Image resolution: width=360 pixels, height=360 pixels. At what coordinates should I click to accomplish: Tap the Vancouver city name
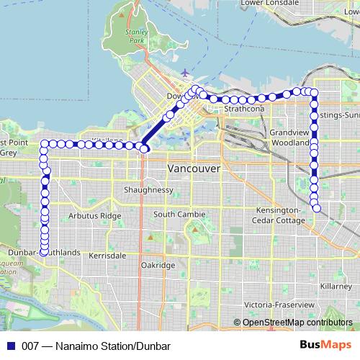click(x=194, y=168)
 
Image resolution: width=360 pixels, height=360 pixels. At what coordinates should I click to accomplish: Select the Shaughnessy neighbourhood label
click(x=149, y=190)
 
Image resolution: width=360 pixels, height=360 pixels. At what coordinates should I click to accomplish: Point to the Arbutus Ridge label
click(x=95, y=215)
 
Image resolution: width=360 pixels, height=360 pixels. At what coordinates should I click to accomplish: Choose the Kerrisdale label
click(x=107, y=256)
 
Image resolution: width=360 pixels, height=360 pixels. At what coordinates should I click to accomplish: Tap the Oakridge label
click(x=158, y=265)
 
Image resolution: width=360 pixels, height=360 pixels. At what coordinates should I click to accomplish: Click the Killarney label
click(x=336, y=286)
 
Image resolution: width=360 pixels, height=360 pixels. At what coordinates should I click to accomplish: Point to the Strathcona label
click(x=244, y=109)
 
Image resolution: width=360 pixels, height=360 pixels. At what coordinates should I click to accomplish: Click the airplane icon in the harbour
click(x=186, y=72)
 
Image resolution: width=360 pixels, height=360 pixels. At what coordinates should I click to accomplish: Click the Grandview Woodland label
click(x=290, y=138)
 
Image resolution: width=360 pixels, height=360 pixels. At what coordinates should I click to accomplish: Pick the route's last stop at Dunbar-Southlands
click(x=44, y=251)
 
